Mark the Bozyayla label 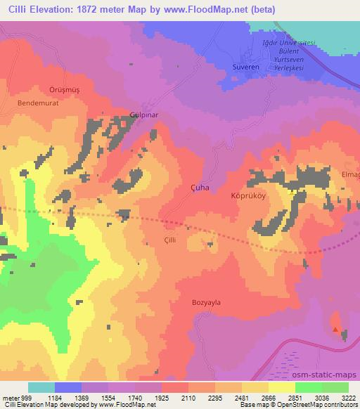point(206,302)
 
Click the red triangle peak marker point(335,329)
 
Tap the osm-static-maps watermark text point(330,372)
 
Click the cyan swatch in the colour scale point(41,387)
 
